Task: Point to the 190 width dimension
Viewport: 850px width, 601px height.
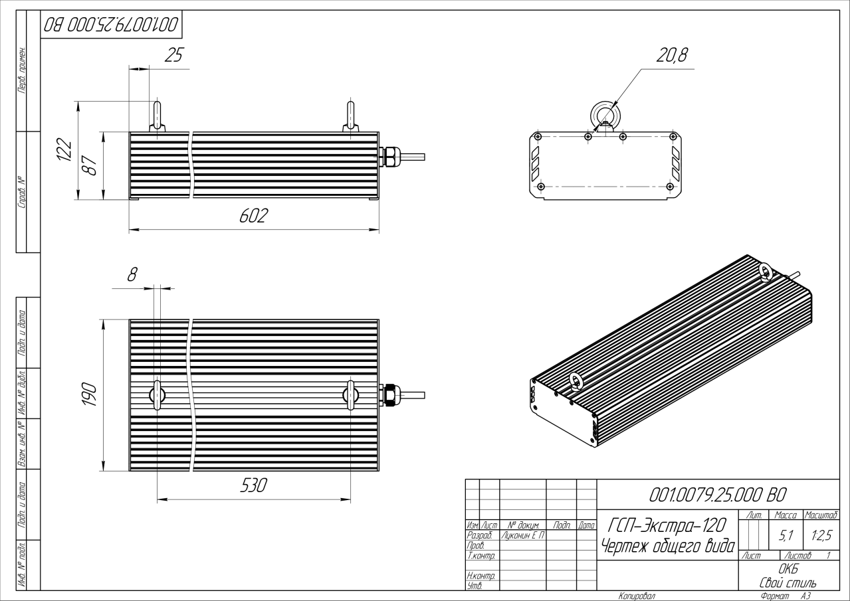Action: [89, 395]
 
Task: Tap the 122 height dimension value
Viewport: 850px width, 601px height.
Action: [63, 150]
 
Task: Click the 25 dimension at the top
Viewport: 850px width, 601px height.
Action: [173, 56]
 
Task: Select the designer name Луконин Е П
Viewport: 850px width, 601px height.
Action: [522, 535]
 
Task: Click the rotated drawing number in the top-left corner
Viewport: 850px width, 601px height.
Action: [111, 25]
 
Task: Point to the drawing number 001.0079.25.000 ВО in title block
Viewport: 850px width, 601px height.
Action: [720, 495]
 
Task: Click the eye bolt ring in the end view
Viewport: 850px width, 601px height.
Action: [605, 114]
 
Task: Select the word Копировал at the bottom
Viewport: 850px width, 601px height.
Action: [636, 596]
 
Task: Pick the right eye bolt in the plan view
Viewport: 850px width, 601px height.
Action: [351, 394]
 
